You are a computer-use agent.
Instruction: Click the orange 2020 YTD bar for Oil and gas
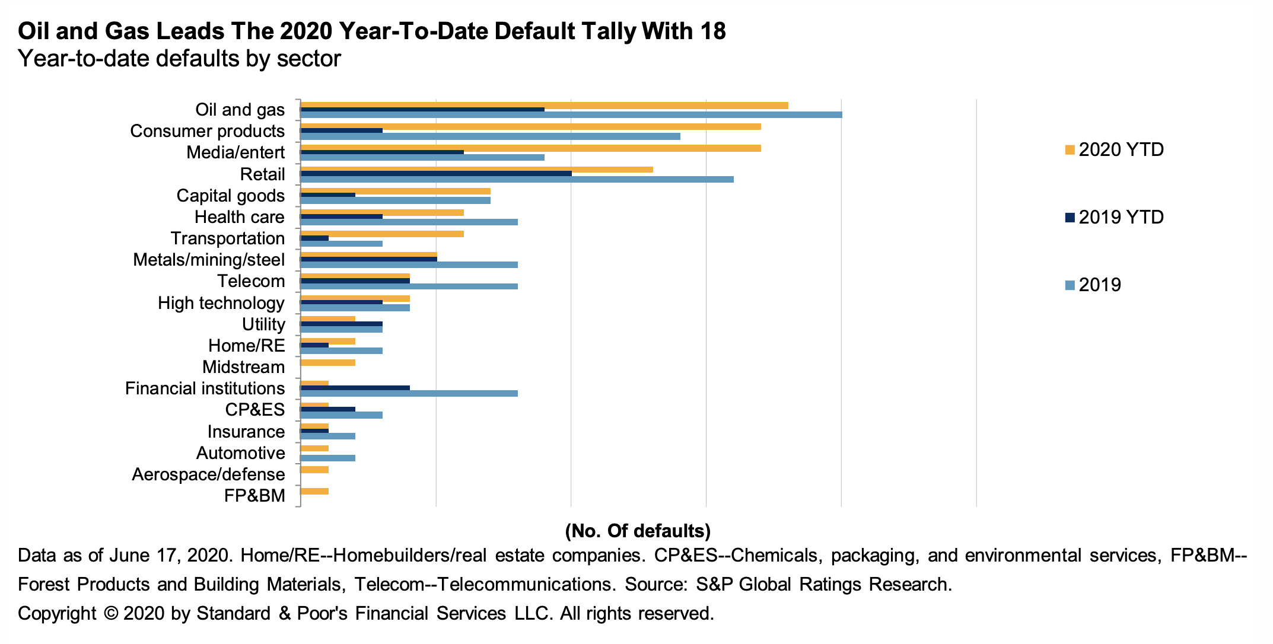545,105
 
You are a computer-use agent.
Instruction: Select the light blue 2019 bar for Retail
517,179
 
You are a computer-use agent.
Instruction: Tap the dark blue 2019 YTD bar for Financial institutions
355,388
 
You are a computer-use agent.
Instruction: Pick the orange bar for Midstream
328,362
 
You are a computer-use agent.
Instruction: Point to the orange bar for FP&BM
315,491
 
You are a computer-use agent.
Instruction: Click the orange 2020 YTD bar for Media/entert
531,148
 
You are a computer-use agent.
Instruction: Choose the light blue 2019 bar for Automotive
328,458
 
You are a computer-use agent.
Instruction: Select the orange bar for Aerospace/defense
315,470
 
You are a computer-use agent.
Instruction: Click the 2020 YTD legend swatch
1070,150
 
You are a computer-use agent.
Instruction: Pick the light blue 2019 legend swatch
1070,285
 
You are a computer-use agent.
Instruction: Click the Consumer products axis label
207,131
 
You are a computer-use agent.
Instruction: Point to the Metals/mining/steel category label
209,260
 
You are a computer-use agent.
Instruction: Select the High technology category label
221,303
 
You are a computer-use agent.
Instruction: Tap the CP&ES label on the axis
255,410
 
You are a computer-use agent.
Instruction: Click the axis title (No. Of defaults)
638,531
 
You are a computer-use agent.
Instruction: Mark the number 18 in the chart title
711,31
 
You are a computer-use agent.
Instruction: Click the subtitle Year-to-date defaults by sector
179,59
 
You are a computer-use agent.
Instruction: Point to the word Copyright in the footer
57,613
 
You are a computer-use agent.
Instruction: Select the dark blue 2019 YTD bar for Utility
342,324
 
